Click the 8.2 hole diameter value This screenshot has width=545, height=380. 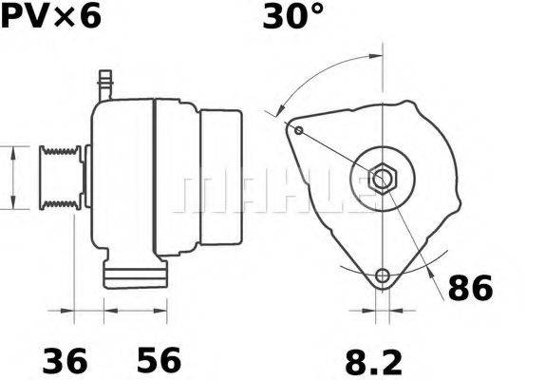click(371, 361)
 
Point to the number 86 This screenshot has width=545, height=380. click(470, 288)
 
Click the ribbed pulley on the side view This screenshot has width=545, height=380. click(59, 178)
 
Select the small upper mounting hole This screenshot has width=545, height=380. click(298, 130)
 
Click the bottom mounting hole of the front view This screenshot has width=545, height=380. click(383, 276)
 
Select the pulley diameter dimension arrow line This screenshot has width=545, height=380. click(12, 178)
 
